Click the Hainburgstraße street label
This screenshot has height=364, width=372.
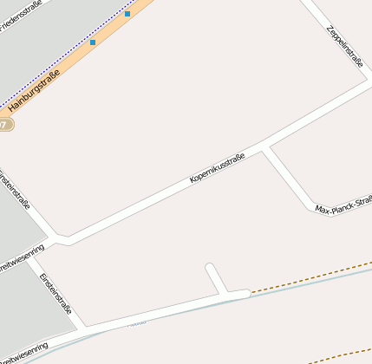[34, 94]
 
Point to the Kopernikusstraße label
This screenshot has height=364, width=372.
[217, 168]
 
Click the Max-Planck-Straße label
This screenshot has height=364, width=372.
[343, 205]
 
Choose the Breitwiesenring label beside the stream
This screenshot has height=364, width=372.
[23, 352]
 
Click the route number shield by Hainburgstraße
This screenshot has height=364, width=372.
[5, 125]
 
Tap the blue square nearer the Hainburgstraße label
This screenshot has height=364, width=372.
[93, 42]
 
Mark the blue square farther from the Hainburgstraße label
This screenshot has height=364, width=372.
[127, 14]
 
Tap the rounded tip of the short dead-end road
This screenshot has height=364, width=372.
[209, 268]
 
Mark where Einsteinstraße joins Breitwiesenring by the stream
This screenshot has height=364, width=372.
[84, 329]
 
